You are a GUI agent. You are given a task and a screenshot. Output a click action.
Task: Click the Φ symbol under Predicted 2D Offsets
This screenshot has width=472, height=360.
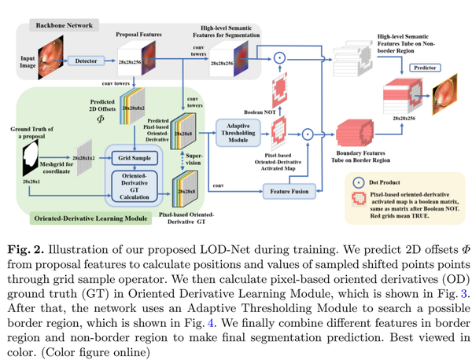pyautogui.click(x=99, y=120)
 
